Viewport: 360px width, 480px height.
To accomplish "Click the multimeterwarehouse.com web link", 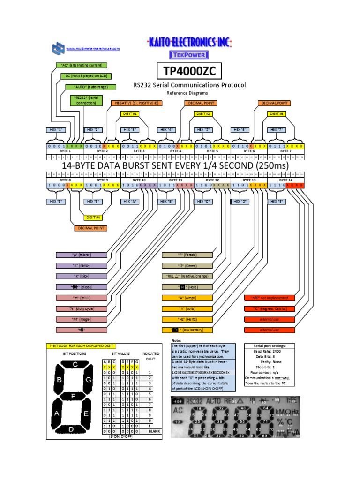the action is click(x=93, y=49).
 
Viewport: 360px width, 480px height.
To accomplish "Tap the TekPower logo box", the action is click(x=189, y=55).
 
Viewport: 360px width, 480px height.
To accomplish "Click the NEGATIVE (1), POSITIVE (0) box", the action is click(x=135, y=103).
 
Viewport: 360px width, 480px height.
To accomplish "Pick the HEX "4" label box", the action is click(x=167, y=129).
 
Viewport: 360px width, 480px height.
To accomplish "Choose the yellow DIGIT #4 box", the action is click(x=93, y=217).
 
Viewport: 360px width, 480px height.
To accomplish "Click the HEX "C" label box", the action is click(x=203, y=201).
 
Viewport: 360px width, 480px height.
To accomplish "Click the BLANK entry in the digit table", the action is click(x=154, y=430).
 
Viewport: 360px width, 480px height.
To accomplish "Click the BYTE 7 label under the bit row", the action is click(x=285, y=151).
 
